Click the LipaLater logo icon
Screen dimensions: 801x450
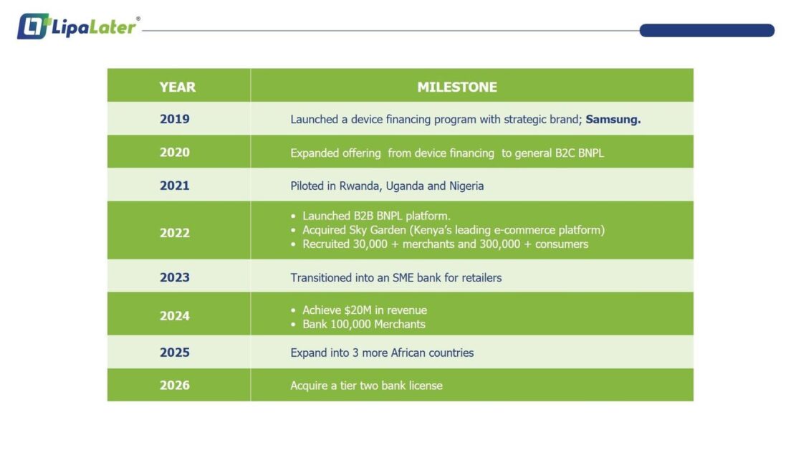pos(34,26)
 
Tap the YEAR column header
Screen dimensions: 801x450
pos(177,87)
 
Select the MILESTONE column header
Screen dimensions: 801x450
pos(457,87)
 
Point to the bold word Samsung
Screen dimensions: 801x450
pos(613,120)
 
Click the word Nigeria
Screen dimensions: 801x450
pos(466,186)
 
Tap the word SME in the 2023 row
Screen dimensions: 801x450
pos(403,277)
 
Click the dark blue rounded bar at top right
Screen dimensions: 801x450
pos(707,30)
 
